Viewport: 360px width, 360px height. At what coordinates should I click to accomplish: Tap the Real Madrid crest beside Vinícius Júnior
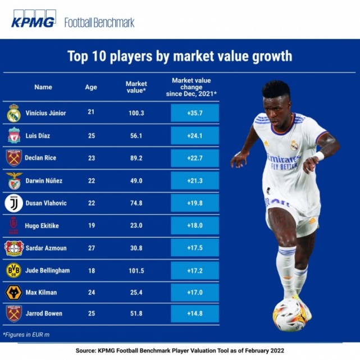(13, 113)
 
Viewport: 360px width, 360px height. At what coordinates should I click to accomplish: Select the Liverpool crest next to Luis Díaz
(13, 135)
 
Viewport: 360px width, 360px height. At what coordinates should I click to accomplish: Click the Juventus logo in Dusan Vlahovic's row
(13, 203)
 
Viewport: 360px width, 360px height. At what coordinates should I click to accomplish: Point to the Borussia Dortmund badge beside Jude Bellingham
(13, 270)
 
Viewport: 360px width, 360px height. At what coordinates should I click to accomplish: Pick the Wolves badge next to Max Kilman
(13, 293)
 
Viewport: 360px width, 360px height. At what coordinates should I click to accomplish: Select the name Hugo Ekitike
(42, 225)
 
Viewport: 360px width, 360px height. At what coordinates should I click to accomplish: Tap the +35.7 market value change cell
(194, 113)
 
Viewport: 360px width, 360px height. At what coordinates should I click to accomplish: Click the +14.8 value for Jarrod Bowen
(194, 313)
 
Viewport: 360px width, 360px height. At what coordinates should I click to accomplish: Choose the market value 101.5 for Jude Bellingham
(136, 270)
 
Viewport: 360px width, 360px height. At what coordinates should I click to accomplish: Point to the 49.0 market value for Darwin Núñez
(136, 180)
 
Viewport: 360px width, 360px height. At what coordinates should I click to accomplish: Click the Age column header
(91, 87)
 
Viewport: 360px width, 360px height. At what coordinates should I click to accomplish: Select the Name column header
(43, 87)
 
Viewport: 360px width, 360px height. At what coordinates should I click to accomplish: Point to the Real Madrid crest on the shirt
(294, 145)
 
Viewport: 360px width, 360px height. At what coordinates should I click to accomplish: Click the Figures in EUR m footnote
(27, 334)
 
